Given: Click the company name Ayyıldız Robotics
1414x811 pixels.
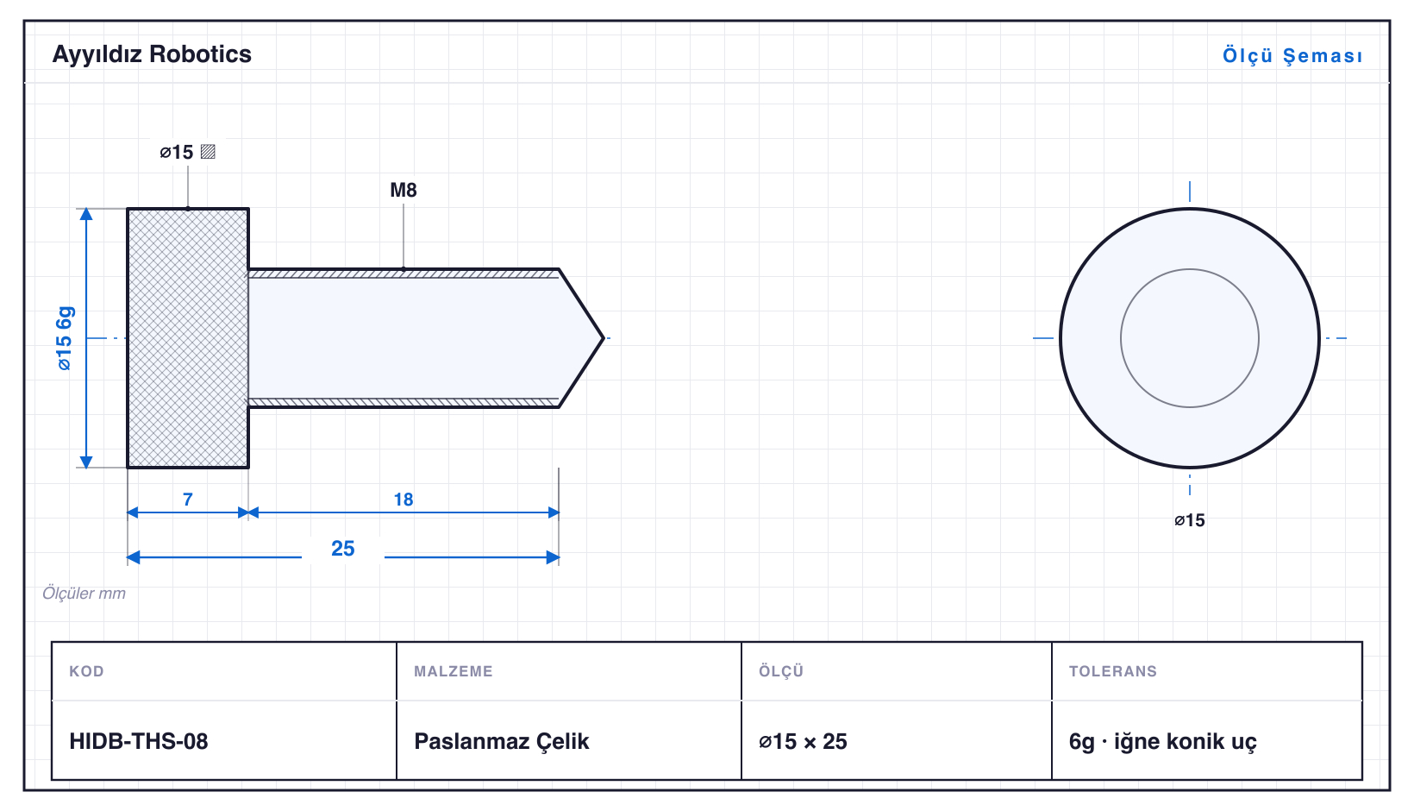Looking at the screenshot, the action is coord(152,55).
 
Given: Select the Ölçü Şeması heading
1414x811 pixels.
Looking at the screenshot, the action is coord(1292,55).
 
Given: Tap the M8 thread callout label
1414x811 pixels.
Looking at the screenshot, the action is coord(404,190).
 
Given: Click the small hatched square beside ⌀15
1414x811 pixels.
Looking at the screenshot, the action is coord(209,152).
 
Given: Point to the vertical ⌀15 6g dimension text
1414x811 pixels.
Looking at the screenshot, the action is coord(65,338).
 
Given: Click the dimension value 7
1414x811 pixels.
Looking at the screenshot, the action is coord(187,500).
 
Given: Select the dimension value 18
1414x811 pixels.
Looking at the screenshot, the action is coord(404,500).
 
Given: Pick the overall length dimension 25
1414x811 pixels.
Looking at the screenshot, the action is coord(343,548).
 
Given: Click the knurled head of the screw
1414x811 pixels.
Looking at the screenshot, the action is coord(188,338).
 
